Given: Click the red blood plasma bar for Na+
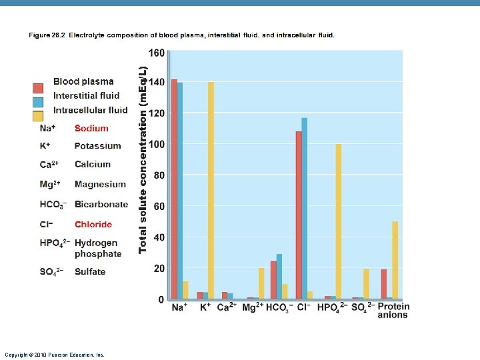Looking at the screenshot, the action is click(x=174, y=189).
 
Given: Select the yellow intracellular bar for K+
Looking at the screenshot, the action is click(x=211, y=191).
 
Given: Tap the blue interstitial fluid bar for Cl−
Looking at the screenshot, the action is click(x=304, y=209).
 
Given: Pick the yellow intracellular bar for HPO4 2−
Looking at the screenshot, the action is click(x=338, y=221).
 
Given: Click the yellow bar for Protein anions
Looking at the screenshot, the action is click(x=395, y=260).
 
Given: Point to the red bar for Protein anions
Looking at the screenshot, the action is click(x=384, y=284).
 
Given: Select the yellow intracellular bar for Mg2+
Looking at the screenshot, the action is click(x=261, y=283).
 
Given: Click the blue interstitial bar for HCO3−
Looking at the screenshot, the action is click(x=279, y=277).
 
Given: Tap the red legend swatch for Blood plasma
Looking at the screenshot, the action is click(x=38, y=88).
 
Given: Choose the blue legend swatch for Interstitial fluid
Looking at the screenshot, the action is click(x=38, y=103).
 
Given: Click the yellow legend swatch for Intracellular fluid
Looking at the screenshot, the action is click(x=38, y=116).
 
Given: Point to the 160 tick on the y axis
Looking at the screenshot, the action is click(x=157, y=53).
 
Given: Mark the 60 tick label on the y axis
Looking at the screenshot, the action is click(x=159, y=206).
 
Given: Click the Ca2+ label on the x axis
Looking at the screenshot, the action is click(x=227, y=307).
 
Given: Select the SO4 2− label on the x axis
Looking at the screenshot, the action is click(x=363, y=307).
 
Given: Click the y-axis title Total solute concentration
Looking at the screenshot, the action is click(x=143, y=160).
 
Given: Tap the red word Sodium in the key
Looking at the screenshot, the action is click(x=91, y=128).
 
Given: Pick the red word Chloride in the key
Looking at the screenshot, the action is click(x=93, y=225).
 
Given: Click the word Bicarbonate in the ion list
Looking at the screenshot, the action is click(x=101, y=204).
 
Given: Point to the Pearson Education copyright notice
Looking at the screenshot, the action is click(x=55, y=355).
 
